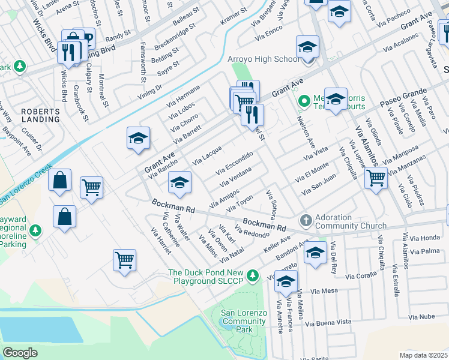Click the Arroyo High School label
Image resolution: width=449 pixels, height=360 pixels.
coord(263,59)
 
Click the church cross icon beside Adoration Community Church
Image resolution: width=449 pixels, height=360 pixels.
coord(306,220)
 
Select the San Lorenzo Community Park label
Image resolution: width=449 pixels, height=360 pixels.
coord(244,321)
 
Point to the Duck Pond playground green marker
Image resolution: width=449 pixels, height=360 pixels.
coord(253,276)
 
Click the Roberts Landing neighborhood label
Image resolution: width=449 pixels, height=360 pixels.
coord(41,115)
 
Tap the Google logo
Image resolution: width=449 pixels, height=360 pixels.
coord(20,353)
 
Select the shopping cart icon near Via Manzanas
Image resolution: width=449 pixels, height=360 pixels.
coord(375,178)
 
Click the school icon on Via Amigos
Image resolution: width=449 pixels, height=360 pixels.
coord(179,182)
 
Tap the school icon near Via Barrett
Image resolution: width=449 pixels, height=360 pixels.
coord(138,139)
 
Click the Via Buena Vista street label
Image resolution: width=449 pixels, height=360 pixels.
coord(328,322)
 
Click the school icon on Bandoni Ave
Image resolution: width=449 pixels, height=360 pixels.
coord(315,253)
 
